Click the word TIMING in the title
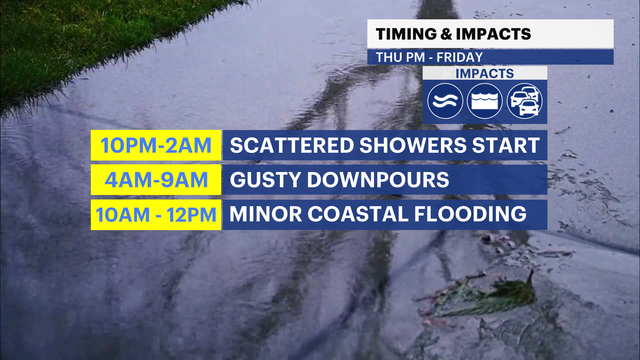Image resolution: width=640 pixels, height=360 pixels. tap(406, 34)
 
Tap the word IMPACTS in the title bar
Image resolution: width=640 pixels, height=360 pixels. tap(493, 34)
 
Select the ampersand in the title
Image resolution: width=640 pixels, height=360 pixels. tap(446, 34)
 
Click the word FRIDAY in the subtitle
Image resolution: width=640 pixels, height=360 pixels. tap(460, 57)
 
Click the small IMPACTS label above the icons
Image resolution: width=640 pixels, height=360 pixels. tap(485, 74)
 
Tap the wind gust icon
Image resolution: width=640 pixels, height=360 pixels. tap(445, 101)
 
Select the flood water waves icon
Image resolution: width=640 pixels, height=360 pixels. tap(485, 101)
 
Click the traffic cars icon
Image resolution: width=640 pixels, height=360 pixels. tap(525, 101)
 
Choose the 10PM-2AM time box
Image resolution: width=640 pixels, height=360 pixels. tap(156, 145)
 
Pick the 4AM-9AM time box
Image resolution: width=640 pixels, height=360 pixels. tap(156, 180)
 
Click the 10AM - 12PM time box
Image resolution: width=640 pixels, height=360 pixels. tap(156, 215)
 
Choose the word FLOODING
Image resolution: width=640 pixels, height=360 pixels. tap(470, 214)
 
